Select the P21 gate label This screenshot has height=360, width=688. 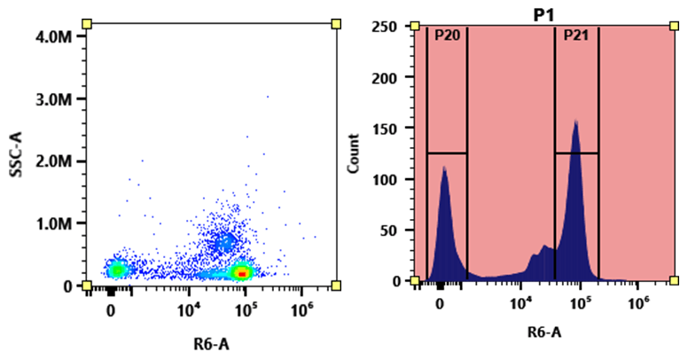coord(575,35)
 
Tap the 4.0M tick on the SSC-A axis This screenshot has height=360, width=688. coord(56,36)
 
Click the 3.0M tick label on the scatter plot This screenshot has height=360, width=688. coord(56,98)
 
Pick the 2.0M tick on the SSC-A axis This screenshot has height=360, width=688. coord(56,161)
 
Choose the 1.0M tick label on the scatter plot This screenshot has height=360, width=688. coord(56,223)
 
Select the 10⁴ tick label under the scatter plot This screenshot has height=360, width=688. coord(190,309)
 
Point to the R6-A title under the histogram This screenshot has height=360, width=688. coord(543,333)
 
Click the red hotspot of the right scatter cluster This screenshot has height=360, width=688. coord(242,274)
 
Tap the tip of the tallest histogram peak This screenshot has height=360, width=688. coord(575,121)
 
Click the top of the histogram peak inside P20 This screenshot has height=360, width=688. coord(444,168)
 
